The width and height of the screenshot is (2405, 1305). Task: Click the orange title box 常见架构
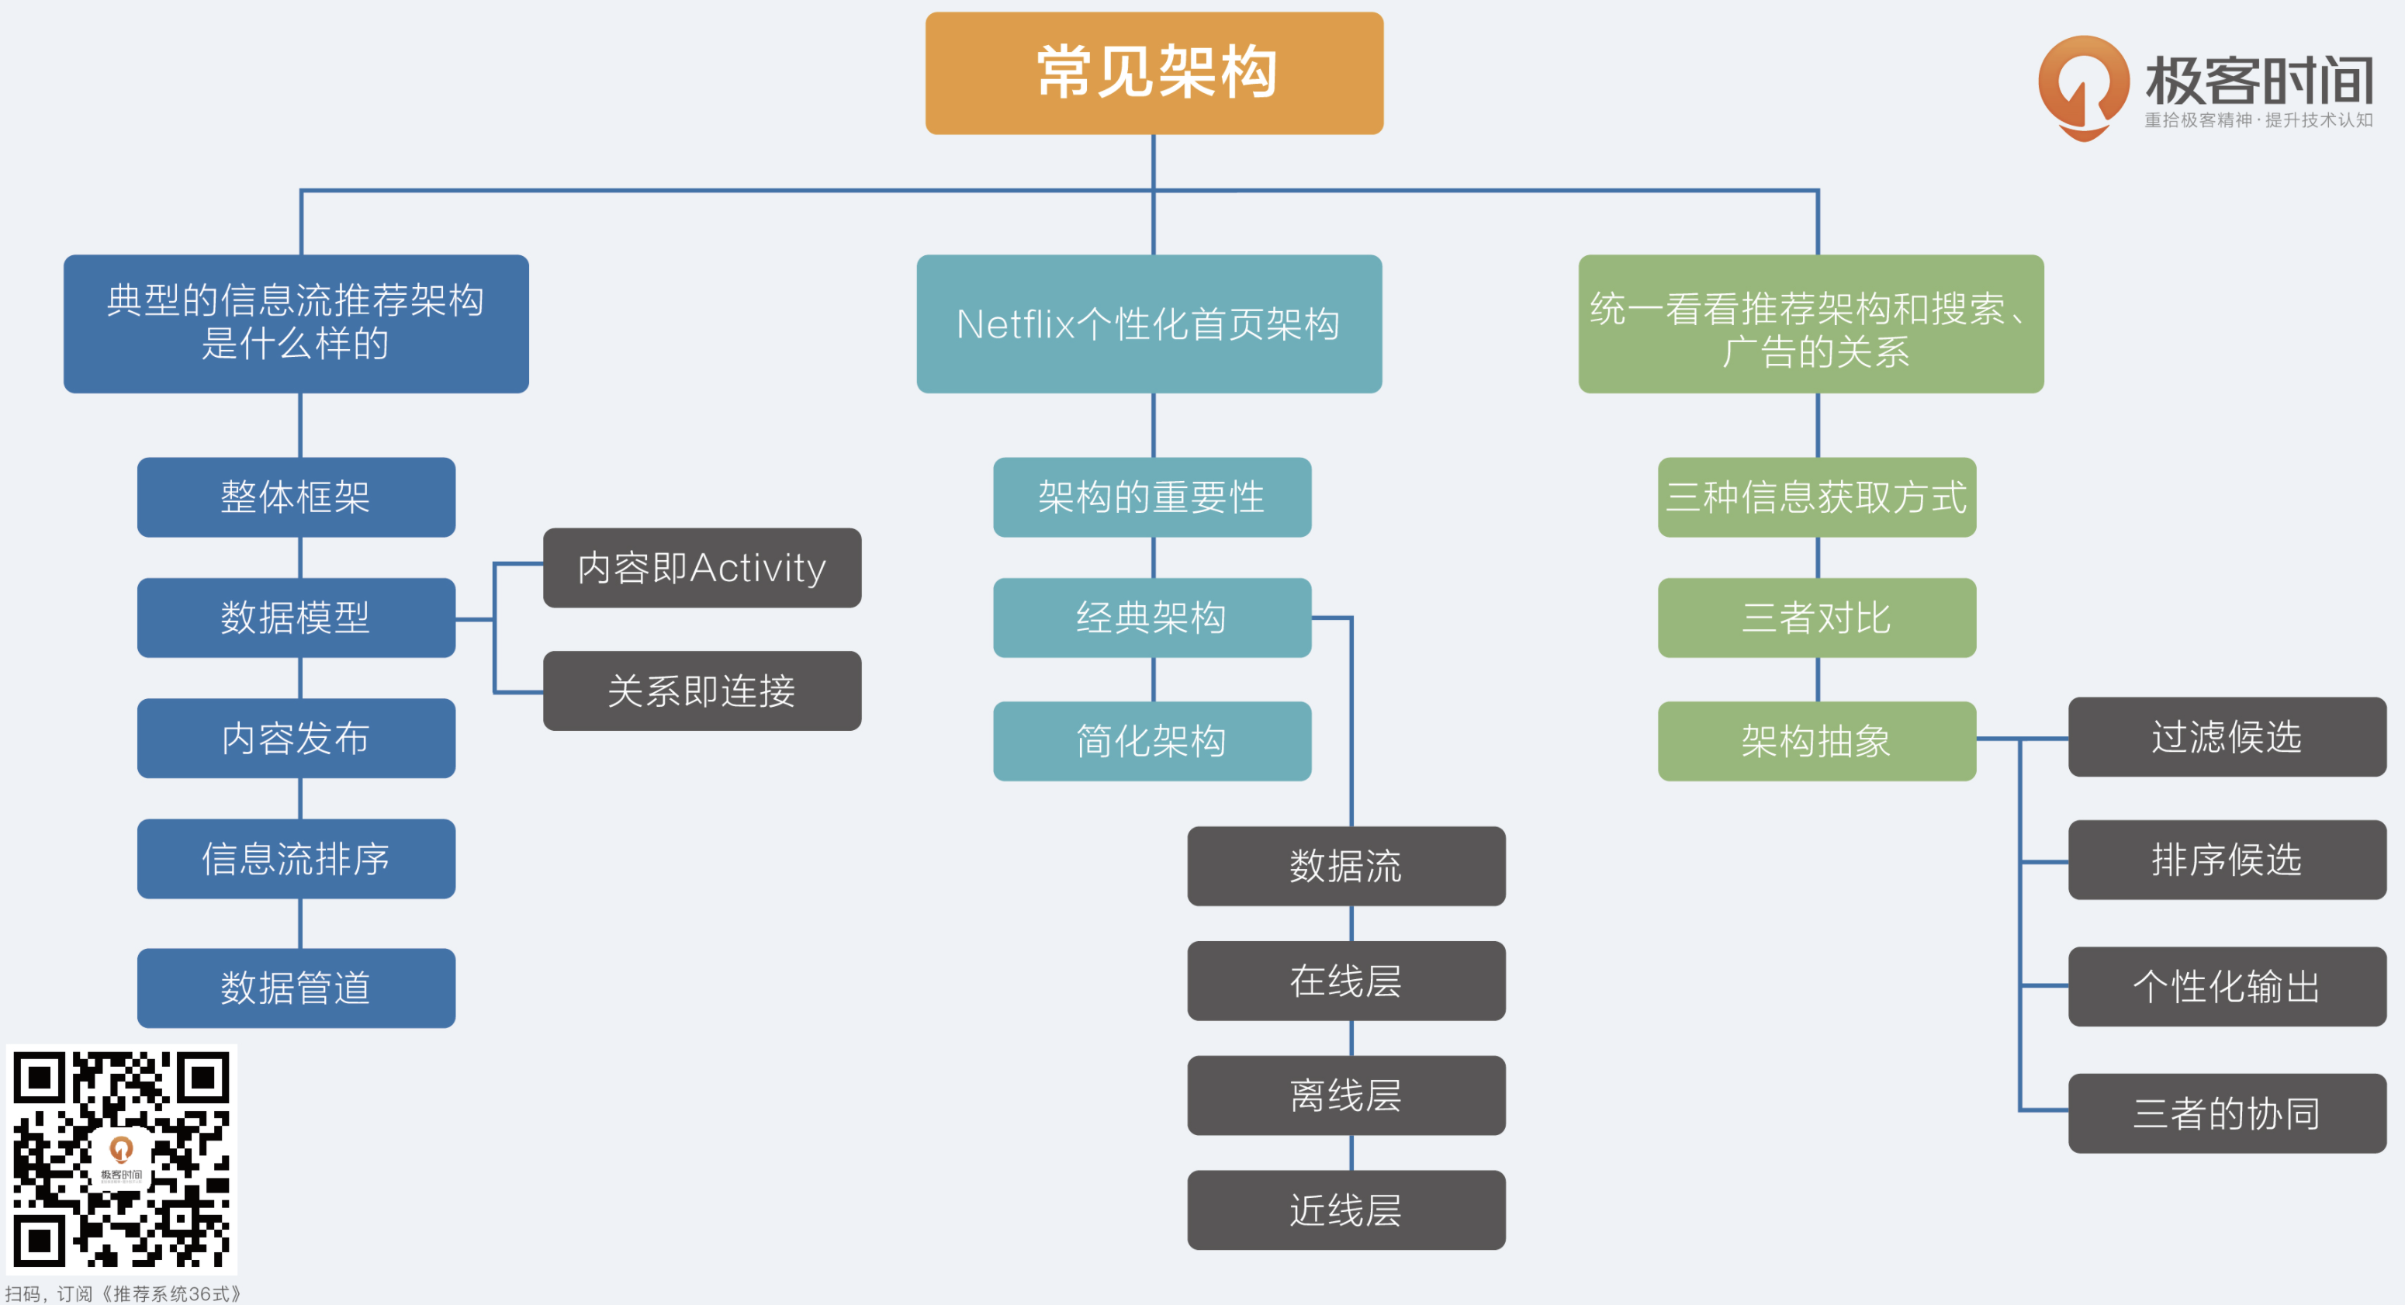(x=1154, y=73)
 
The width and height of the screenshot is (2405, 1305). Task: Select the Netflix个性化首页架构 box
(x=1148, y=324)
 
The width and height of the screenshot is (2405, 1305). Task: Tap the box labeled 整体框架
(x=296, y=497)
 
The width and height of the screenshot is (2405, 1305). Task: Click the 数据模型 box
(x=296, y=617)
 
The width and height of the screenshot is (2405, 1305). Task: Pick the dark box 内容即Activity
(x=702, y=568)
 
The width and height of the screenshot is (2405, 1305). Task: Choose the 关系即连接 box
(x=702, y=691)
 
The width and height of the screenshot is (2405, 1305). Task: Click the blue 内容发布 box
(x=296, y=739)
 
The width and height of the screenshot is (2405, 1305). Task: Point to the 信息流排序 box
(x=296, y=859)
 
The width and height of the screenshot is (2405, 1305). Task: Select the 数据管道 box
(x=296, y=988)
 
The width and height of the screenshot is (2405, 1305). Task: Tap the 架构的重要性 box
(x=1151, y=497)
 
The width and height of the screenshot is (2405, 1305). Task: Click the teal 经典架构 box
(x=1151, y=617)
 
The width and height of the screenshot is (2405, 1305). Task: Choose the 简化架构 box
(x=1151, y=740)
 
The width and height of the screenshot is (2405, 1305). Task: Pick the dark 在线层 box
(x=1345, y=980)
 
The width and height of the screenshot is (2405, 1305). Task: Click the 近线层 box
(x=1345, y=1210)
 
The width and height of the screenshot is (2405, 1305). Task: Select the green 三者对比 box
(x=1816, y=617)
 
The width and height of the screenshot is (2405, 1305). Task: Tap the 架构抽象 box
(x=1816, y=740)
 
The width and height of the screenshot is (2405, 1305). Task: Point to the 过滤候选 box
(x=2227, y=736)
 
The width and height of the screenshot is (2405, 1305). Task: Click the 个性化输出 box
(x=2227, y=987)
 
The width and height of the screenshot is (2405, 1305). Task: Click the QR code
(x=121, y=1159)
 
